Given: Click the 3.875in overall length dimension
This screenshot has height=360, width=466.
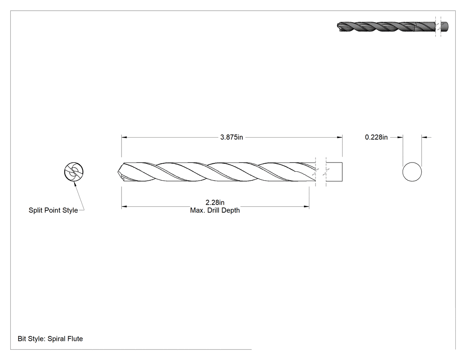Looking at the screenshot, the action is [232, 137].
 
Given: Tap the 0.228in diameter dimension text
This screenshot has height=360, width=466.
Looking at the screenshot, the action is [376, 137].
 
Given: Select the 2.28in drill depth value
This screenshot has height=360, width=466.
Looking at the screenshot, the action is [215, 202].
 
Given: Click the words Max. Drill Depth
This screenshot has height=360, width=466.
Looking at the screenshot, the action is [215, 210].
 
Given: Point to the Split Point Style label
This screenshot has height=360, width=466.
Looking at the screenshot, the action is [53, 210].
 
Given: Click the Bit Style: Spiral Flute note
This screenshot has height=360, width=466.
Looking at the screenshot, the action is [50, 339].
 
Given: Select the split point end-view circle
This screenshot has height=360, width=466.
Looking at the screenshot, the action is [74, 171].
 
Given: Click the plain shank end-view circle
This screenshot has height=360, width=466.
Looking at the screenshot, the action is [412, 171].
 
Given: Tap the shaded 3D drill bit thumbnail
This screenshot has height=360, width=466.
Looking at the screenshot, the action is [393, 27].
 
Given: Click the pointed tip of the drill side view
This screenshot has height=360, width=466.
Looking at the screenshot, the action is [117, 172].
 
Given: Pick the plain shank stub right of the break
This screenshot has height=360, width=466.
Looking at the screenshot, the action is [334, 171].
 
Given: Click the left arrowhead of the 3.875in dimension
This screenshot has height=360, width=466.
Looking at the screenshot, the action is [124, 137].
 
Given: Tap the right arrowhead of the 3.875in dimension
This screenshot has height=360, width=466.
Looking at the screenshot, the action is [340, 137].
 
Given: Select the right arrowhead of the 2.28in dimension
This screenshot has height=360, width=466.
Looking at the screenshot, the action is [306, 206].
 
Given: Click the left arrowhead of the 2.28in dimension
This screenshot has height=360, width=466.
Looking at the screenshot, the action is [124, 206].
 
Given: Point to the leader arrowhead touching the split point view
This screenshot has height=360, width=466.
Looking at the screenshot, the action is [75, 184].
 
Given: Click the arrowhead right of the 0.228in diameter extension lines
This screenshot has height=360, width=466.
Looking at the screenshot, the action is [425, 137].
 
